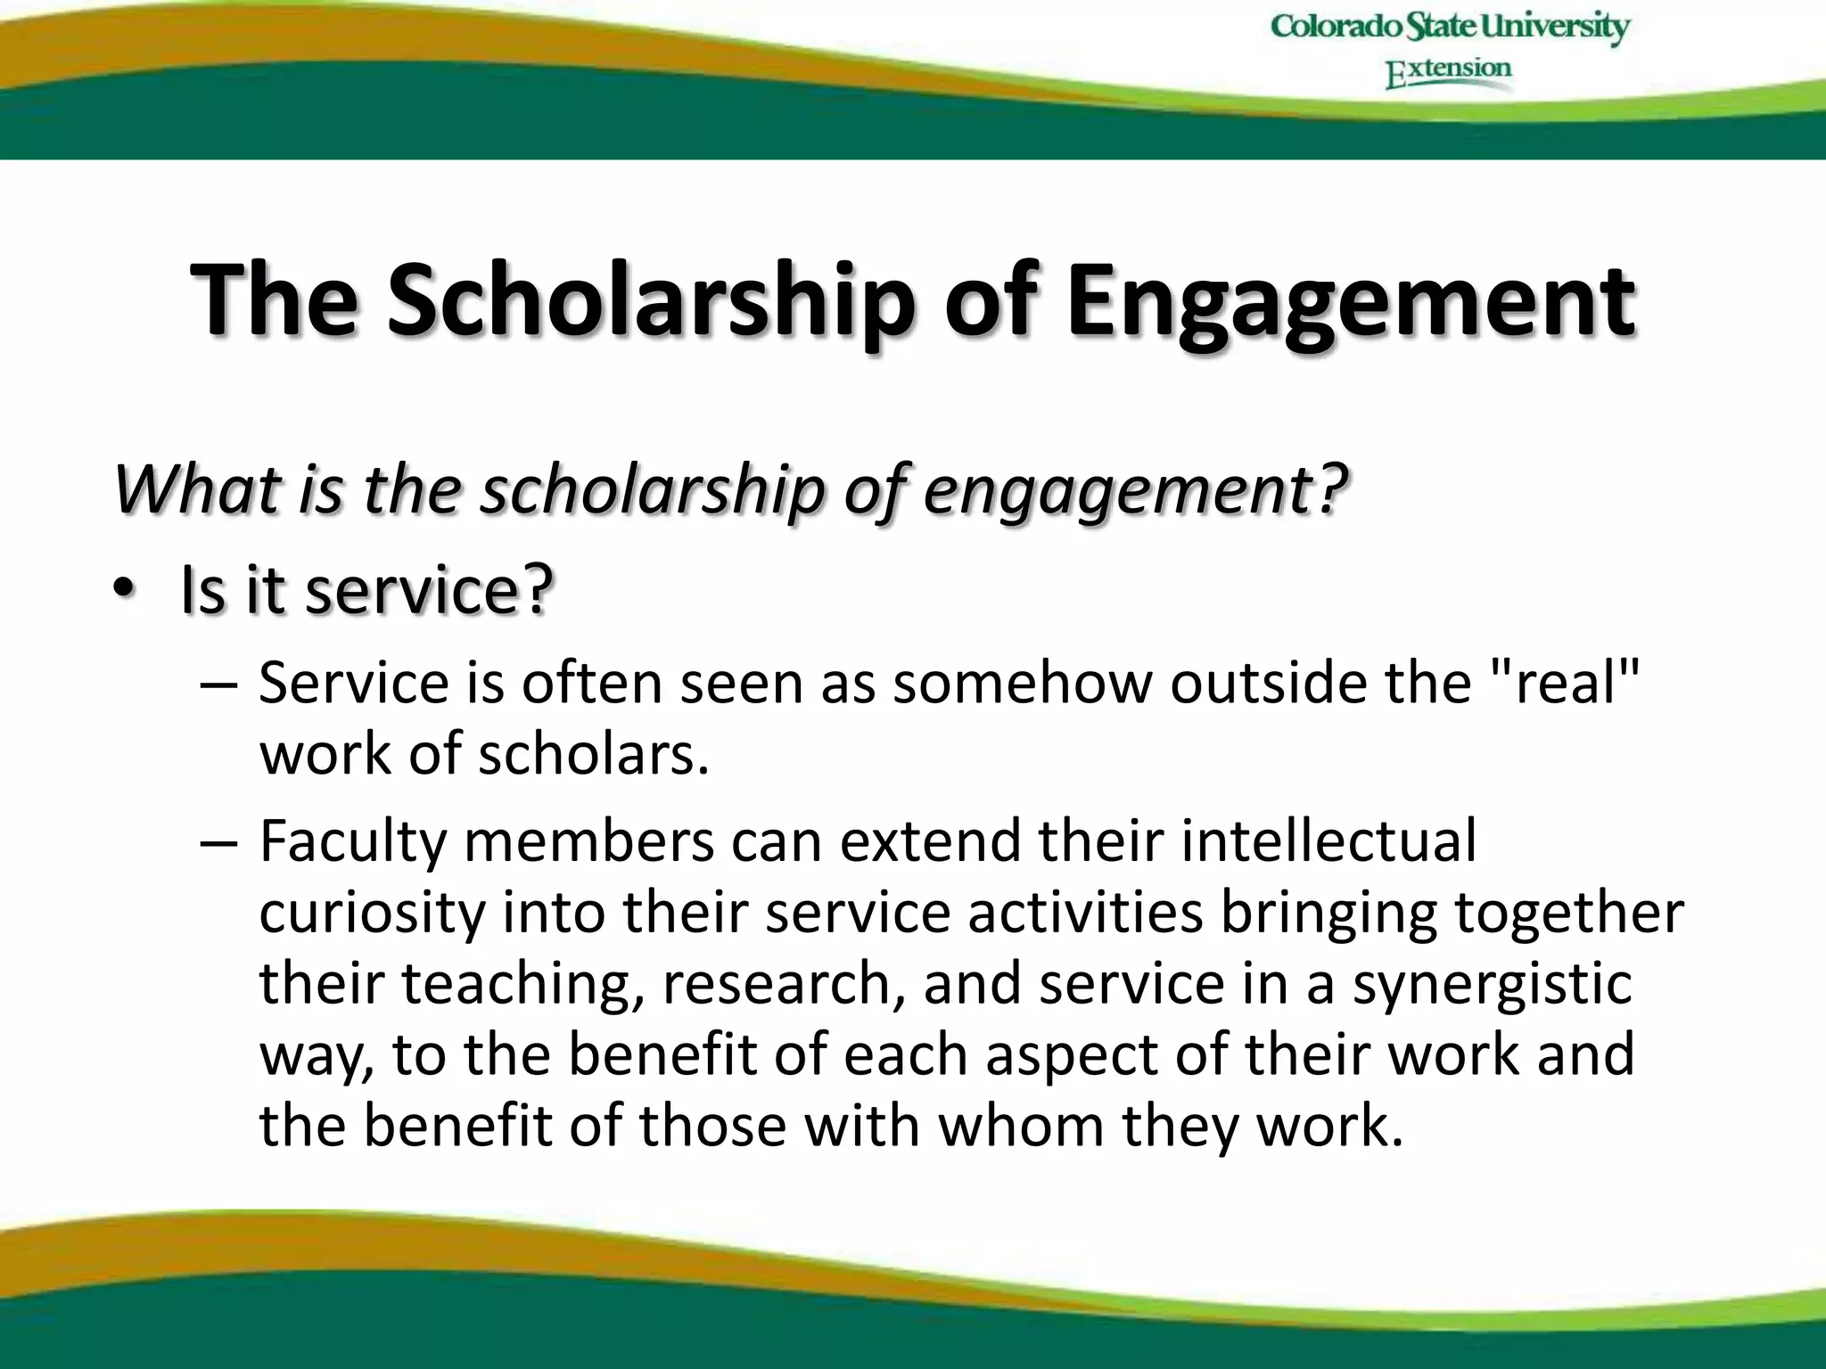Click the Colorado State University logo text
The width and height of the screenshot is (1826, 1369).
1450,27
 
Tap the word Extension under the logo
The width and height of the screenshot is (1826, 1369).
1448,71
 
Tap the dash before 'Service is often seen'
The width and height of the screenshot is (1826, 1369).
219,684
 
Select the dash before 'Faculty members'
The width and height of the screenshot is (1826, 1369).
219,842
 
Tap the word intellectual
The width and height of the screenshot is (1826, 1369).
1328,840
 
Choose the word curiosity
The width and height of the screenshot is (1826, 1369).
371,914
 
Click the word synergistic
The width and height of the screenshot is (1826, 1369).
1492,985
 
